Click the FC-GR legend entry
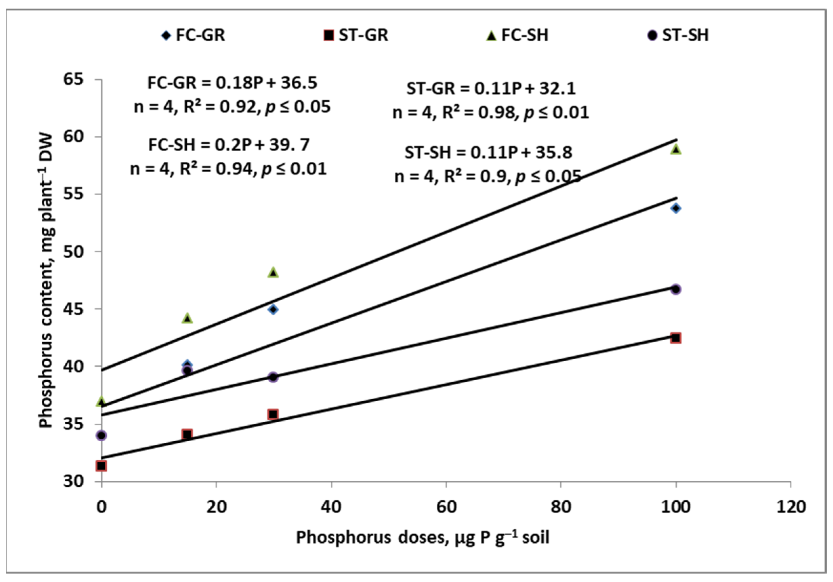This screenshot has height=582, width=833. click(193, 36)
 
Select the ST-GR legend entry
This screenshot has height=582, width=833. click(356, 36)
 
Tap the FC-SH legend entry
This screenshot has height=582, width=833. click(517, 36)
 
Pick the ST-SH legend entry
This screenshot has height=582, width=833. click(678, 36)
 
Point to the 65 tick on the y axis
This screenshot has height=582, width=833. click(73, 79)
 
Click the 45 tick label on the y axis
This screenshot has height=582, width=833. click(73, 309)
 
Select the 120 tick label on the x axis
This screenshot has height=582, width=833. click(791, 507)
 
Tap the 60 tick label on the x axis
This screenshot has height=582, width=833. click(446, 507)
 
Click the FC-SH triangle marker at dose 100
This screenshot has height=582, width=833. click(675, 149)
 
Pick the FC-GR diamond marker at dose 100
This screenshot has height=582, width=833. click(675, 208)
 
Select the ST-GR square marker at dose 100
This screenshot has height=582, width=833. click(675, 338)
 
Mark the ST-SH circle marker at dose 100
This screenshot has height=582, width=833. click(675, 289)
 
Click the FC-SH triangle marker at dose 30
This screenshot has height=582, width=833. click(273, 272)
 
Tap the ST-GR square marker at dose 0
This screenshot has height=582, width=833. click(101, 466)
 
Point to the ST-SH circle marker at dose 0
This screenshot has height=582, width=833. click(101, 435)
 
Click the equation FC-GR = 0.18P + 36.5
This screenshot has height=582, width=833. click(232, 83)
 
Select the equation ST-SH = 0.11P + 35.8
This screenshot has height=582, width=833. click(488, 153)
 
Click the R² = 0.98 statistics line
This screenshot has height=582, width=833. click(491, 113)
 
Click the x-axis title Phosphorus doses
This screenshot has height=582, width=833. click(422, 538)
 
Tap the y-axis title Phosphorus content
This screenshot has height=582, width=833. click(46, 281)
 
